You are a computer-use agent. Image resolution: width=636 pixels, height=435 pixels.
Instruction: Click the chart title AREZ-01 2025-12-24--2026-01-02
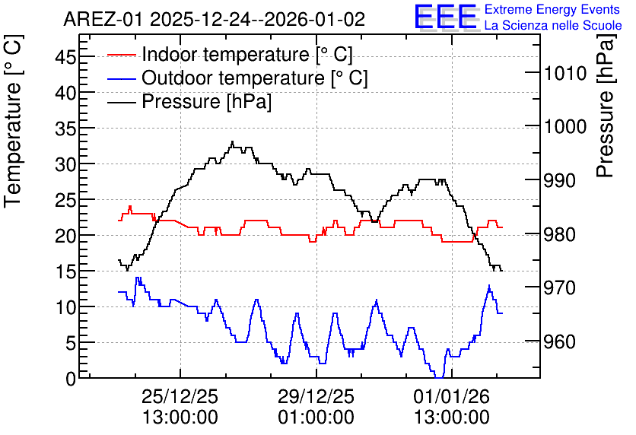point(215,19)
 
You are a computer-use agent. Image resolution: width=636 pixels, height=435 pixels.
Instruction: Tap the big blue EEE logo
point(446,17)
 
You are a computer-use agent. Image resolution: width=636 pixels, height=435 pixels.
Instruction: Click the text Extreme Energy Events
point(552,9)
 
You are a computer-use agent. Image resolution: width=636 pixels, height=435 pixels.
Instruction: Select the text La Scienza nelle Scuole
point(553,26)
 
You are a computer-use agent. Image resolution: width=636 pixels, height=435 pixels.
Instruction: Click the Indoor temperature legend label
point(247,54)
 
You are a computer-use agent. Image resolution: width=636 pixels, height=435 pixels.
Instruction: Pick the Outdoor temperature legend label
point(255,78)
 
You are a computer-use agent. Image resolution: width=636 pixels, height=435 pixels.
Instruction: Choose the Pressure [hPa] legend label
point(206,101)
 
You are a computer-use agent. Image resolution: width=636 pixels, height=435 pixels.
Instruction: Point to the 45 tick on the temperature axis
point(65,57)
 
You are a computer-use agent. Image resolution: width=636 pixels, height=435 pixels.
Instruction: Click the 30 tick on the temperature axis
point(65,164)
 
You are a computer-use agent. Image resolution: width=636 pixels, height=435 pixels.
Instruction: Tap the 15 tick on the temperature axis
point(65,271)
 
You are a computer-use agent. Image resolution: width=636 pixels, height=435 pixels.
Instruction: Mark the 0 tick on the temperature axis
point(71,379)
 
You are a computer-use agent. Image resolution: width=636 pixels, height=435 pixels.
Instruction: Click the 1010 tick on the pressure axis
point(565,73)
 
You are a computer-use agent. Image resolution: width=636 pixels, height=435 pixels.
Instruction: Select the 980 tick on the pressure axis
point(560,234)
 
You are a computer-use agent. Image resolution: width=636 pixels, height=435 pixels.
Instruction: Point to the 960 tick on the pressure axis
point(560,341)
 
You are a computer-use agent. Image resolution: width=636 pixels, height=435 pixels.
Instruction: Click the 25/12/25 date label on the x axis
point(180,396)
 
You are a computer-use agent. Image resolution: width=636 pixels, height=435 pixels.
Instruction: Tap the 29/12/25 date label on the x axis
point(316,396)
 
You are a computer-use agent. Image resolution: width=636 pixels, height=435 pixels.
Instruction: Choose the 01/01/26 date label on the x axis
point(452,396)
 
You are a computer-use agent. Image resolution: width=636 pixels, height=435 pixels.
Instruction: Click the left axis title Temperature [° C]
point(14,122)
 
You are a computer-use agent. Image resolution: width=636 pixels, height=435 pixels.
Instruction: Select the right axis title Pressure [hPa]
point(606,106)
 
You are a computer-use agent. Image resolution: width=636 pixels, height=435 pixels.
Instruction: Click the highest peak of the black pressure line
point(233,141)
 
